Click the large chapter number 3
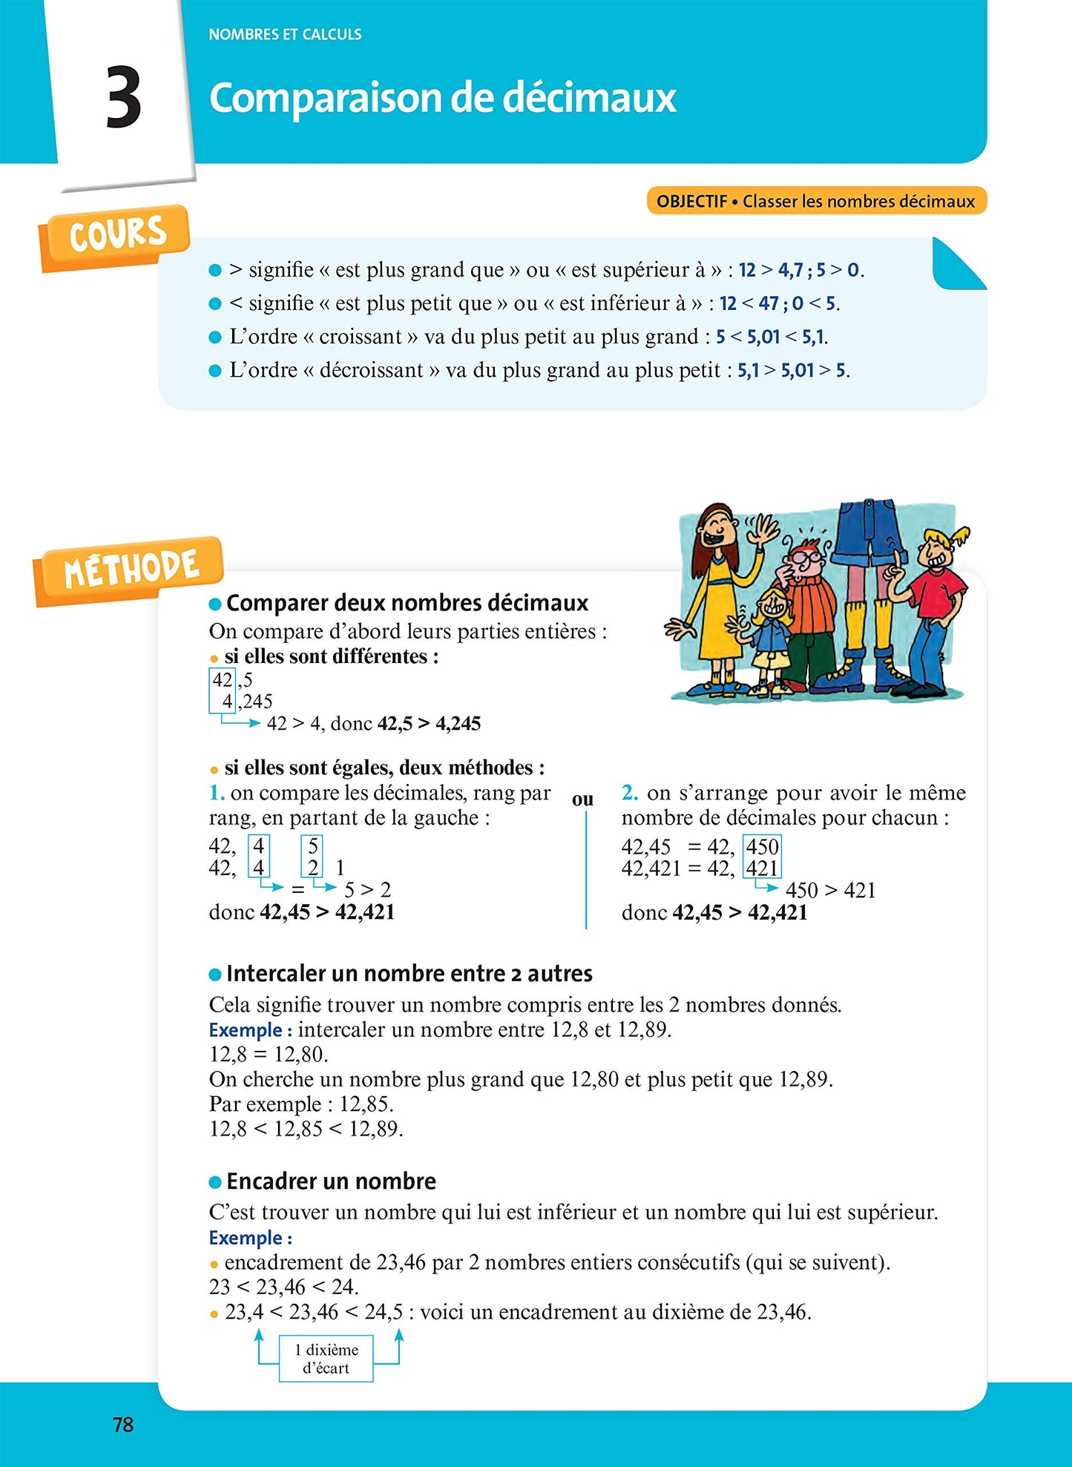click(123, 97)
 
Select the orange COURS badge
click(116, 235)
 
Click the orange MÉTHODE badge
click(131, 570)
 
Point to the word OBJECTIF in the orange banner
click(691, 201)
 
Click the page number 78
click(123, 1424)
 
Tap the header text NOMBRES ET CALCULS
click(285, 34)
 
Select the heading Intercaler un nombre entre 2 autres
click(409, 973)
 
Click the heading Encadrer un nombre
click(331, 1181)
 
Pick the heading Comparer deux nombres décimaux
click(407, 603)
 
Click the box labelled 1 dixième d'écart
click(326, 1359)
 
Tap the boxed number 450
click(762, 846)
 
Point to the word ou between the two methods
click(583, 800)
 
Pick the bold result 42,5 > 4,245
click(429, 723)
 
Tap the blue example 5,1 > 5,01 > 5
click(792, 370)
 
